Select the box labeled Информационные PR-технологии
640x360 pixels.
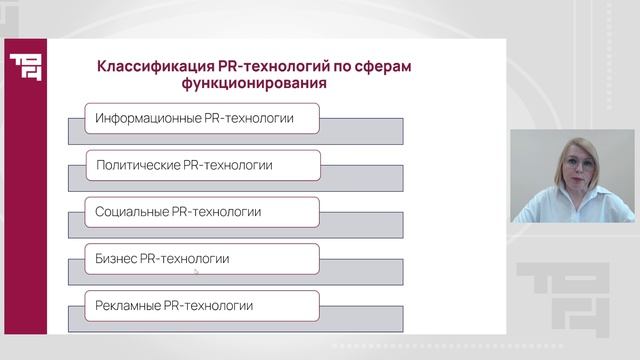tap(202, 119)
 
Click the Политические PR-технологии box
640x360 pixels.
tap(202, 165)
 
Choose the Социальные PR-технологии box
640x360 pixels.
tap(202, 212)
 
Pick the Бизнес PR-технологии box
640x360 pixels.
tap(202, 259)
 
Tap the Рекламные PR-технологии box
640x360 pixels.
tap(202, 305)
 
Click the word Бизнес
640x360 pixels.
tap(117, 259)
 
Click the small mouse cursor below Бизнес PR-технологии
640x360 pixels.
tap(196, 271)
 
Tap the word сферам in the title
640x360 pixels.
tap(382, 67)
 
